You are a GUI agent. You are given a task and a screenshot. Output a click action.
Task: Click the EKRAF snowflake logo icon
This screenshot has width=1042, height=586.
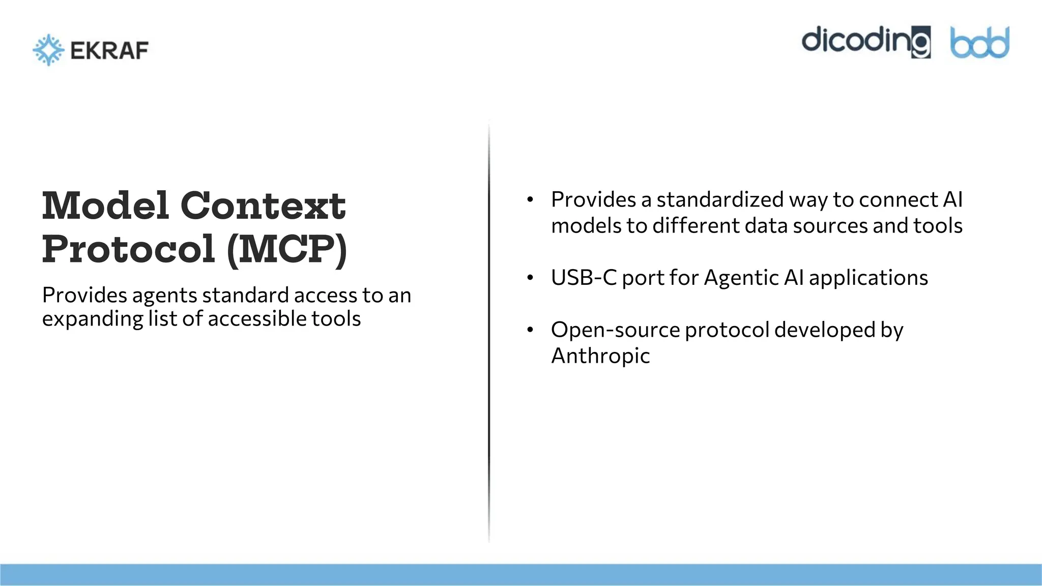(48, 50)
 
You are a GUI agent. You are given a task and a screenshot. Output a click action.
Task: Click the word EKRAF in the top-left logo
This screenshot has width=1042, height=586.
(109, 50)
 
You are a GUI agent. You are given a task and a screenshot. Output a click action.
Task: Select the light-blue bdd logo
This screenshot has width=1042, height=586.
(979, 43)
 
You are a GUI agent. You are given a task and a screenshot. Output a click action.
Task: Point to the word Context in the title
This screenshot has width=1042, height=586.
(263, 206)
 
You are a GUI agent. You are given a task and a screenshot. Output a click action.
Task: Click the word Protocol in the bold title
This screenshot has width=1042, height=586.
(128, 249)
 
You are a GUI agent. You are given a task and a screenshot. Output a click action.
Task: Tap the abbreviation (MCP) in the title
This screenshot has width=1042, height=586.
(287, 249)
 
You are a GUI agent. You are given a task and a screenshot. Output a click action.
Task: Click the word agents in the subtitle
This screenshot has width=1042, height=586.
(164, 296)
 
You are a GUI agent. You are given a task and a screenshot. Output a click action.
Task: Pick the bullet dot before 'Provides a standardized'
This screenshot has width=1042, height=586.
(530, 199)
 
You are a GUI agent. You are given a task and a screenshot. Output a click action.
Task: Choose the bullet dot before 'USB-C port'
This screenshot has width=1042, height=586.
(530, 278)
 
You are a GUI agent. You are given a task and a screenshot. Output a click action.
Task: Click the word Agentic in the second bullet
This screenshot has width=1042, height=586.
(741, 278)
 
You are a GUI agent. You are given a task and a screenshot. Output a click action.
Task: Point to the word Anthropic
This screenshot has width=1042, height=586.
(600, 356)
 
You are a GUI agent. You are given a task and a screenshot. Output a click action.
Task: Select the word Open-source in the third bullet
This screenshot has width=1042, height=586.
(615, 330)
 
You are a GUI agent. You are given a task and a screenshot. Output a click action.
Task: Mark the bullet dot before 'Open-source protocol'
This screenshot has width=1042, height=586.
(530, 330)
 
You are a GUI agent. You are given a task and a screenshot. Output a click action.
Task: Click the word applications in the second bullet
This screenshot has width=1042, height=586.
(868, 278)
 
